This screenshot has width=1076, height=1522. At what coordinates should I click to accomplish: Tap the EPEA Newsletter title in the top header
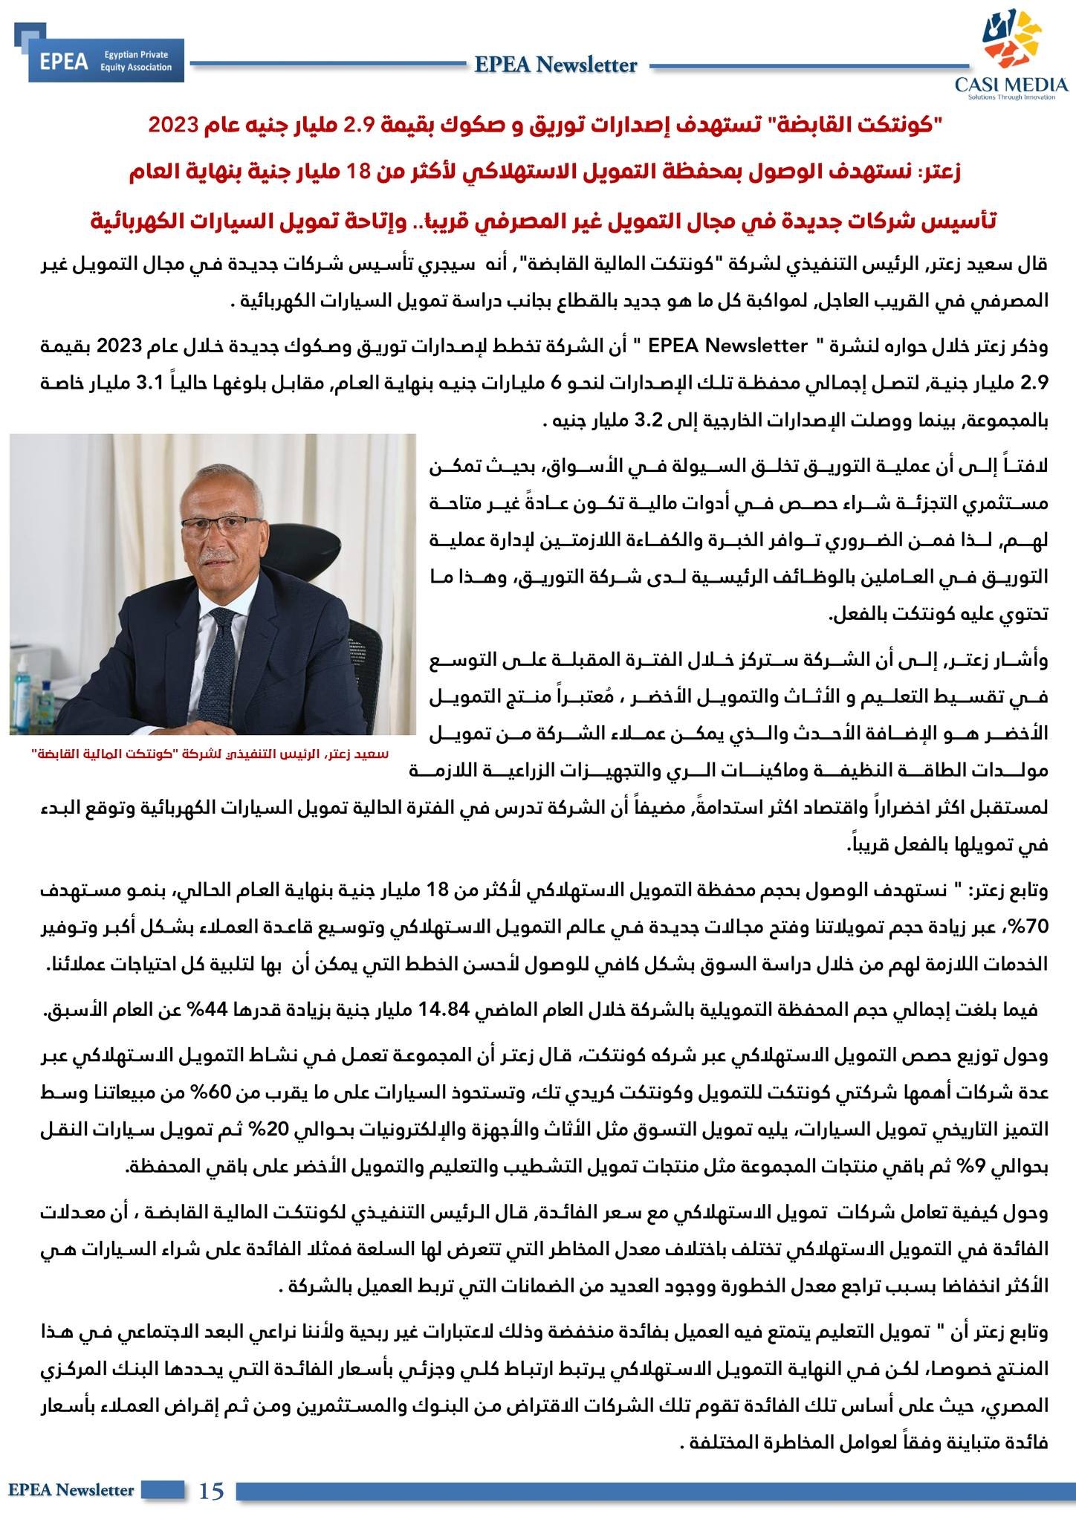[x=556, y=65]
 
